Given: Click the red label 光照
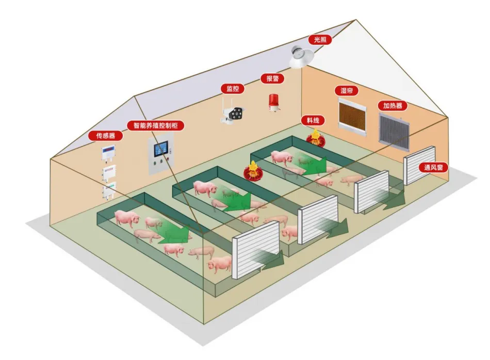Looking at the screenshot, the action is tap(320, 40).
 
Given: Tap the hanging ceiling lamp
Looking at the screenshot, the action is tap(300, 57).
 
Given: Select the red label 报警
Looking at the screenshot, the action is tap(272, 78).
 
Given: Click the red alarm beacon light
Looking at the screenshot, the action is tap(273, 103).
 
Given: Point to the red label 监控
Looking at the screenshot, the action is tap(233, 88).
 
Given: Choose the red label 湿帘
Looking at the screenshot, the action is tap(347, 91).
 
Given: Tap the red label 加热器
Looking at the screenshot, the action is tap(393, 106).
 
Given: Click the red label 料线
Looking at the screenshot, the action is tap(313, 120).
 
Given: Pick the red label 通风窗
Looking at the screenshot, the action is tap(433, 167).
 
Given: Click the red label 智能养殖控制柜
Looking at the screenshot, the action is tap(155, 125).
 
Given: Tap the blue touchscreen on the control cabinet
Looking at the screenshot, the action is tap(160, 149).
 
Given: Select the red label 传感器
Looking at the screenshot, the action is tap(105, 136).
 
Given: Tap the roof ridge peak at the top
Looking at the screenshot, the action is tap(355, 20).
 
